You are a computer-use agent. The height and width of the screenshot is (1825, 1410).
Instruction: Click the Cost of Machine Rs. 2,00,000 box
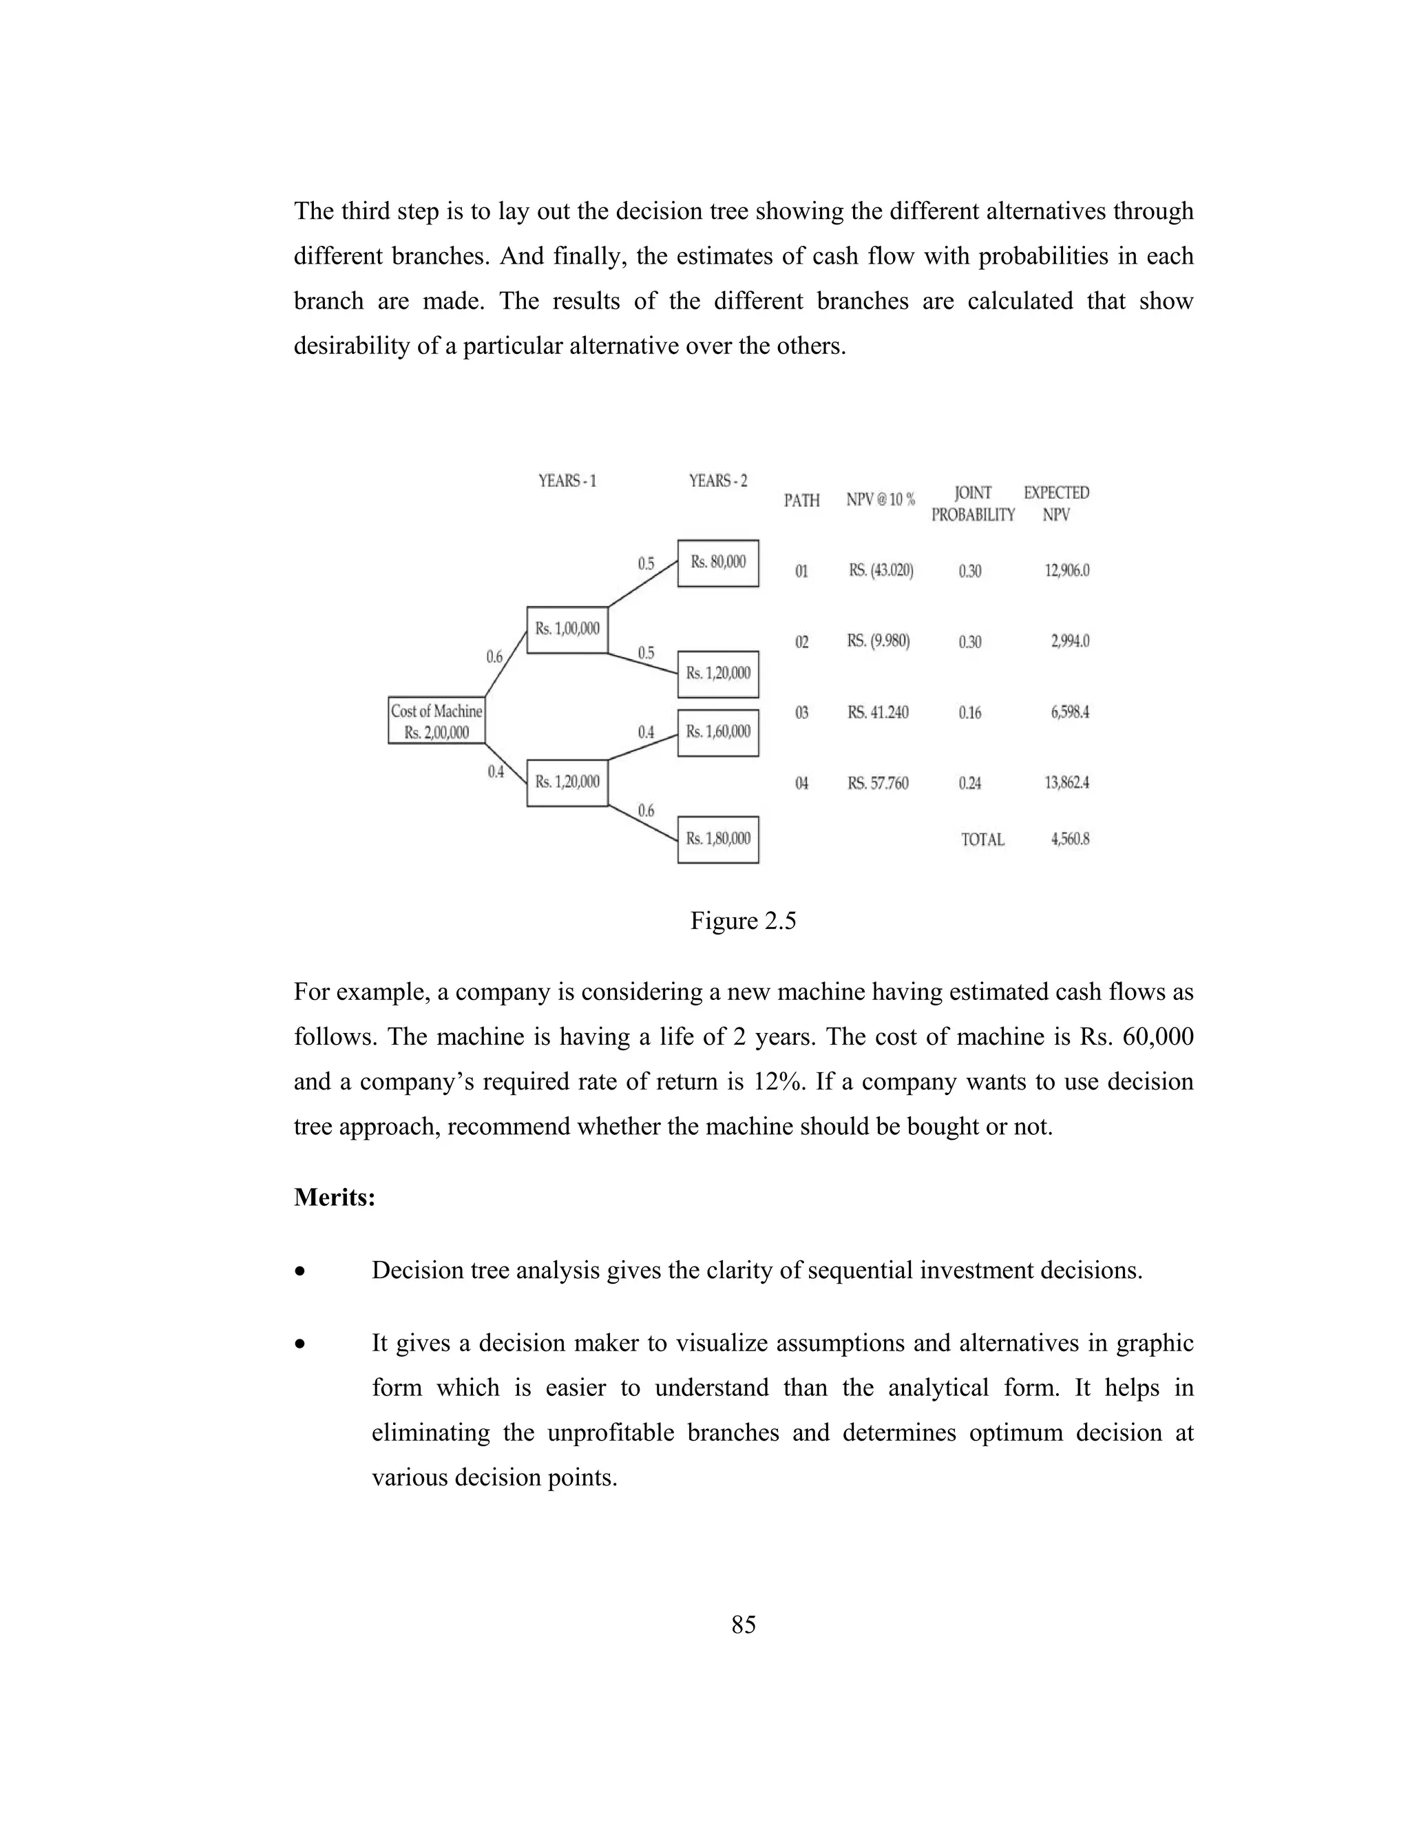click(436, 720)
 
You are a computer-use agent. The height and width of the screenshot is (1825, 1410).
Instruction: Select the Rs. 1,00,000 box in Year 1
click(567, 629)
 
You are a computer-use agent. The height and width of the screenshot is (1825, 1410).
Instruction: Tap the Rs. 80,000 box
click(717, 563)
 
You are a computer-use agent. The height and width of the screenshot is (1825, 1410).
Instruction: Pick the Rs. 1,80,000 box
click(717, 839)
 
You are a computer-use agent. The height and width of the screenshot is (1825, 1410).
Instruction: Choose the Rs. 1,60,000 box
click(717, 732)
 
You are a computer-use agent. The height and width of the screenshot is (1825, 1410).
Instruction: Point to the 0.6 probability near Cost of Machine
click(494, 657)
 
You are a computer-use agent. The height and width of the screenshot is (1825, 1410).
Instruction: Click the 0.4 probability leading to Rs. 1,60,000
click(646, 732)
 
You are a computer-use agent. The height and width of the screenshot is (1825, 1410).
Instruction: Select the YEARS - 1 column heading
click(567, 481)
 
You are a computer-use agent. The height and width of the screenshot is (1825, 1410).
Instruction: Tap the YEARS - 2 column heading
click(717, 481)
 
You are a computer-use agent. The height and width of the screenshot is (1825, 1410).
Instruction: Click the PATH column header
click(801, 501)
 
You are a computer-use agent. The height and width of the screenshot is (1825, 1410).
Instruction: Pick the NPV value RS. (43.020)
click(881, 571)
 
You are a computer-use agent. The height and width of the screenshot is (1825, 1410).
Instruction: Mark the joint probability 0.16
click(970, 713)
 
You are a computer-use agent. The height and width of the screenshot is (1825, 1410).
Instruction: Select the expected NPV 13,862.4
click(1066, 783)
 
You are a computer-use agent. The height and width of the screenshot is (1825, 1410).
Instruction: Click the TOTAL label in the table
click(982, 839)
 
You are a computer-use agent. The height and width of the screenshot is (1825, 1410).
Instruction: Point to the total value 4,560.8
click(1069, 839)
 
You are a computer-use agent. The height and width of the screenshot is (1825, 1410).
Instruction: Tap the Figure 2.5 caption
click(743, 921)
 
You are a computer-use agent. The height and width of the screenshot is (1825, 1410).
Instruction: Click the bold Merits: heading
click(334, 1198)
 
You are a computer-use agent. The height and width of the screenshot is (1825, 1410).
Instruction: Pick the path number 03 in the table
click(801, 713)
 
